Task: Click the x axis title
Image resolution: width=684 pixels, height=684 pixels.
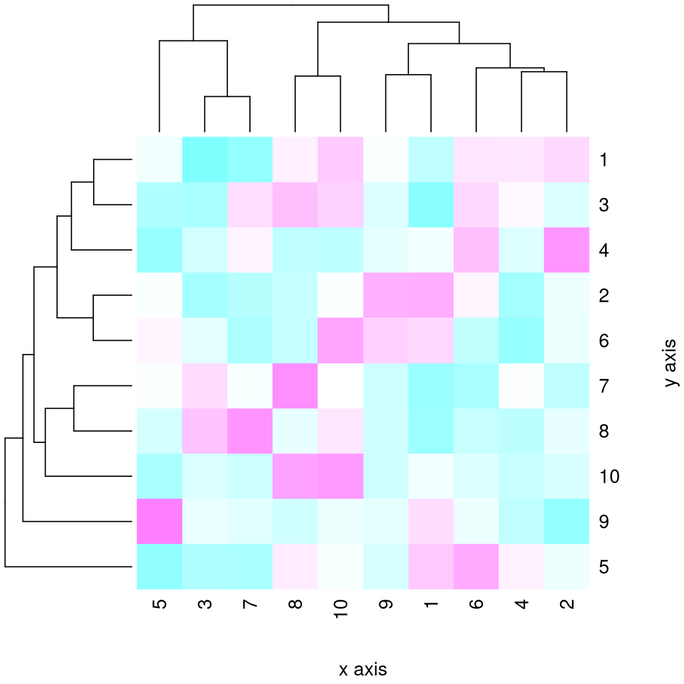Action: click(363, 670)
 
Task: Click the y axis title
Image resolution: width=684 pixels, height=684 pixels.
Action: click(670, 363)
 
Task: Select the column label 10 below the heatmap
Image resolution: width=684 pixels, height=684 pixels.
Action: click(340, 609)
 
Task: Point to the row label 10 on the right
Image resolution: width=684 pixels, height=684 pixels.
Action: click(609, 476)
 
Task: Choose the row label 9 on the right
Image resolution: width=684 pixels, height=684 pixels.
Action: click(604, 521)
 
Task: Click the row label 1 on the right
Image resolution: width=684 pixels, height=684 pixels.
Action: click(604, 160)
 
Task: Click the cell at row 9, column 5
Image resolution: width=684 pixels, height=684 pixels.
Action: click(159, 521)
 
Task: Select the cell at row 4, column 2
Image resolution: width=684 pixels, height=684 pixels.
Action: click(566, 250)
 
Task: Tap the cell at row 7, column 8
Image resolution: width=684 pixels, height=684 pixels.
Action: click(295, 386)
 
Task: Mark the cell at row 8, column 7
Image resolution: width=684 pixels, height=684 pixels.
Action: click(250, 431)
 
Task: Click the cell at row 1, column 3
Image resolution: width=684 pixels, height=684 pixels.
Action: click(205, 160)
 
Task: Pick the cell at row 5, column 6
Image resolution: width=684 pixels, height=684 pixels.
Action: click(476, 566)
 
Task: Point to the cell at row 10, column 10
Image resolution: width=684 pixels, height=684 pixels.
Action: click(340, 476)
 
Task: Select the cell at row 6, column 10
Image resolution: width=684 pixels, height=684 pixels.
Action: click(340, 341)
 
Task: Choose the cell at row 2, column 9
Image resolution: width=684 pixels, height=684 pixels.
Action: click(385, 295)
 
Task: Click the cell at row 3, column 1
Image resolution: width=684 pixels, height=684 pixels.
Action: click(431, 205)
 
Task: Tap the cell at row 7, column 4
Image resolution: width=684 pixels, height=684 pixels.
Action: click(521, 386)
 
